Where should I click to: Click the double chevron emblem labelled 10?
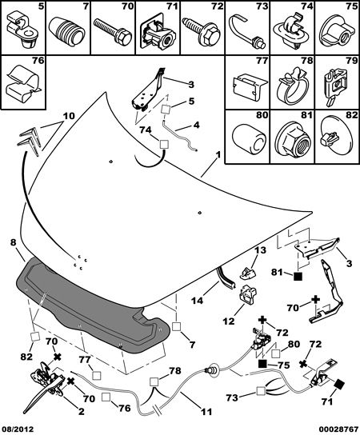(x=30, y=140)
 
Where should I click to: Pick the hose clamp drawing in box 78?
(x=294, y=86)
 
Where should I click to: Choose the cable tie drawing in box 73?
(x=247, y=31)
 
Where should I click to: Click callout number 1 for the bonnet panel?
(x=218, y=156)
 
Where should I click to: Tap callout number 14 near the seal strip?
(x=198, y=300)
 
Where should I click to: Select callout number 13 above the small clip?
(x=260, y=250)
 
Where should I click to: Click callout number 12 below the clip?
(x=229, y=321)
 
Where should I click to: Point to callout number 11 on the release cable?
(x=206, y=412)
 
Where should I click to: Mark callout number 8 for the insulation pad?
(x=13, y=242)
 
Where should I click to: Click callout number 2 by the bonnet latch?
(x=81, y=412)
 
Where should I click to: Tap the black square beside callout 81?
(x=298, y=277)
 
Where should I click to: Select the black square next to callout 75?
(x=262, y=364)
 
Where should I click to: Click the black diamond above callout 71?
(x=338, y=385)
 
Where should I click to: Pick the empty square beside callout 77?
(x=97, y=376)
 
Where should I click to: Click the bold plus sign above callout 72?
(x=262, y=321)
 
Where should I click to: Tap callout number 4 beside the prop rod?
(x=196, y=125)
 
